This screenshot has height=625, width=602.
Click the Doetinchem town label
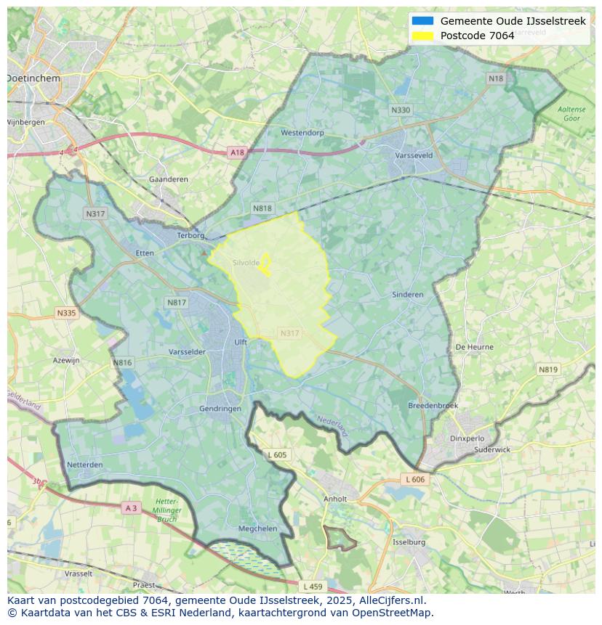click(33, 78)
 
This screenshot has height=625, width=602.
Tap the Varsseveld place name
click(414, 155)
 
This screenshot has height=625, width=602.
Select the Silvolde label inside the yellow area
click(246, 263)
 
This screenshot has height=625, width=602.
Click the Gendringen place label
click(220, 409)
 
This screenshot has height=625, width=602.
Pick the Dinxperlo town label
click(467, 438)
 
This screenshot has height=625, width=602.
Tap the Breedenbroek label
click(433, 406)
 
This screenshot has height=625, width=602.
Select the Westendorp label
click(302, 133)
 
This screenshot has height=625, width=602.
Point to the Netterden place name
click(84, 465)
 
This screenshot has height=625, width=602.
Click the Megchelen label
click(258, 528)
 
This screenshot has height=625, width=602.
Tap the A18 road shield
click(237, 152)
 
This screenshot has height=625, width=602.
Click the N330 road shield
click(401, 110)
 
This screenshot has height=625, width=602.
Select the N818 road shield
click(262, 208)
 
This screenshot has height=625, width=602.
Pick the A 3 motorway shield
click(131, 508)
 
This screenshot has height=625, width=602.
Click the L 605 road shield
click(277, 455)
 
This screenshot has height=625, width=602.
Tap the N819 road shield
click(548, 369)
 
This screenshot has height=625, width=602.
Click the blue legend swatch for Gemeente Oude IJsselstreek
click(422, 21)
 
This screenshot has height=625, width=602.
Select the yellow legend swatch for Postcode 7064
click(422, 36)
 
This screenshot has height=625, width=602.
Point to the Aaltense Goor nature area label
click(571, 113)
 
